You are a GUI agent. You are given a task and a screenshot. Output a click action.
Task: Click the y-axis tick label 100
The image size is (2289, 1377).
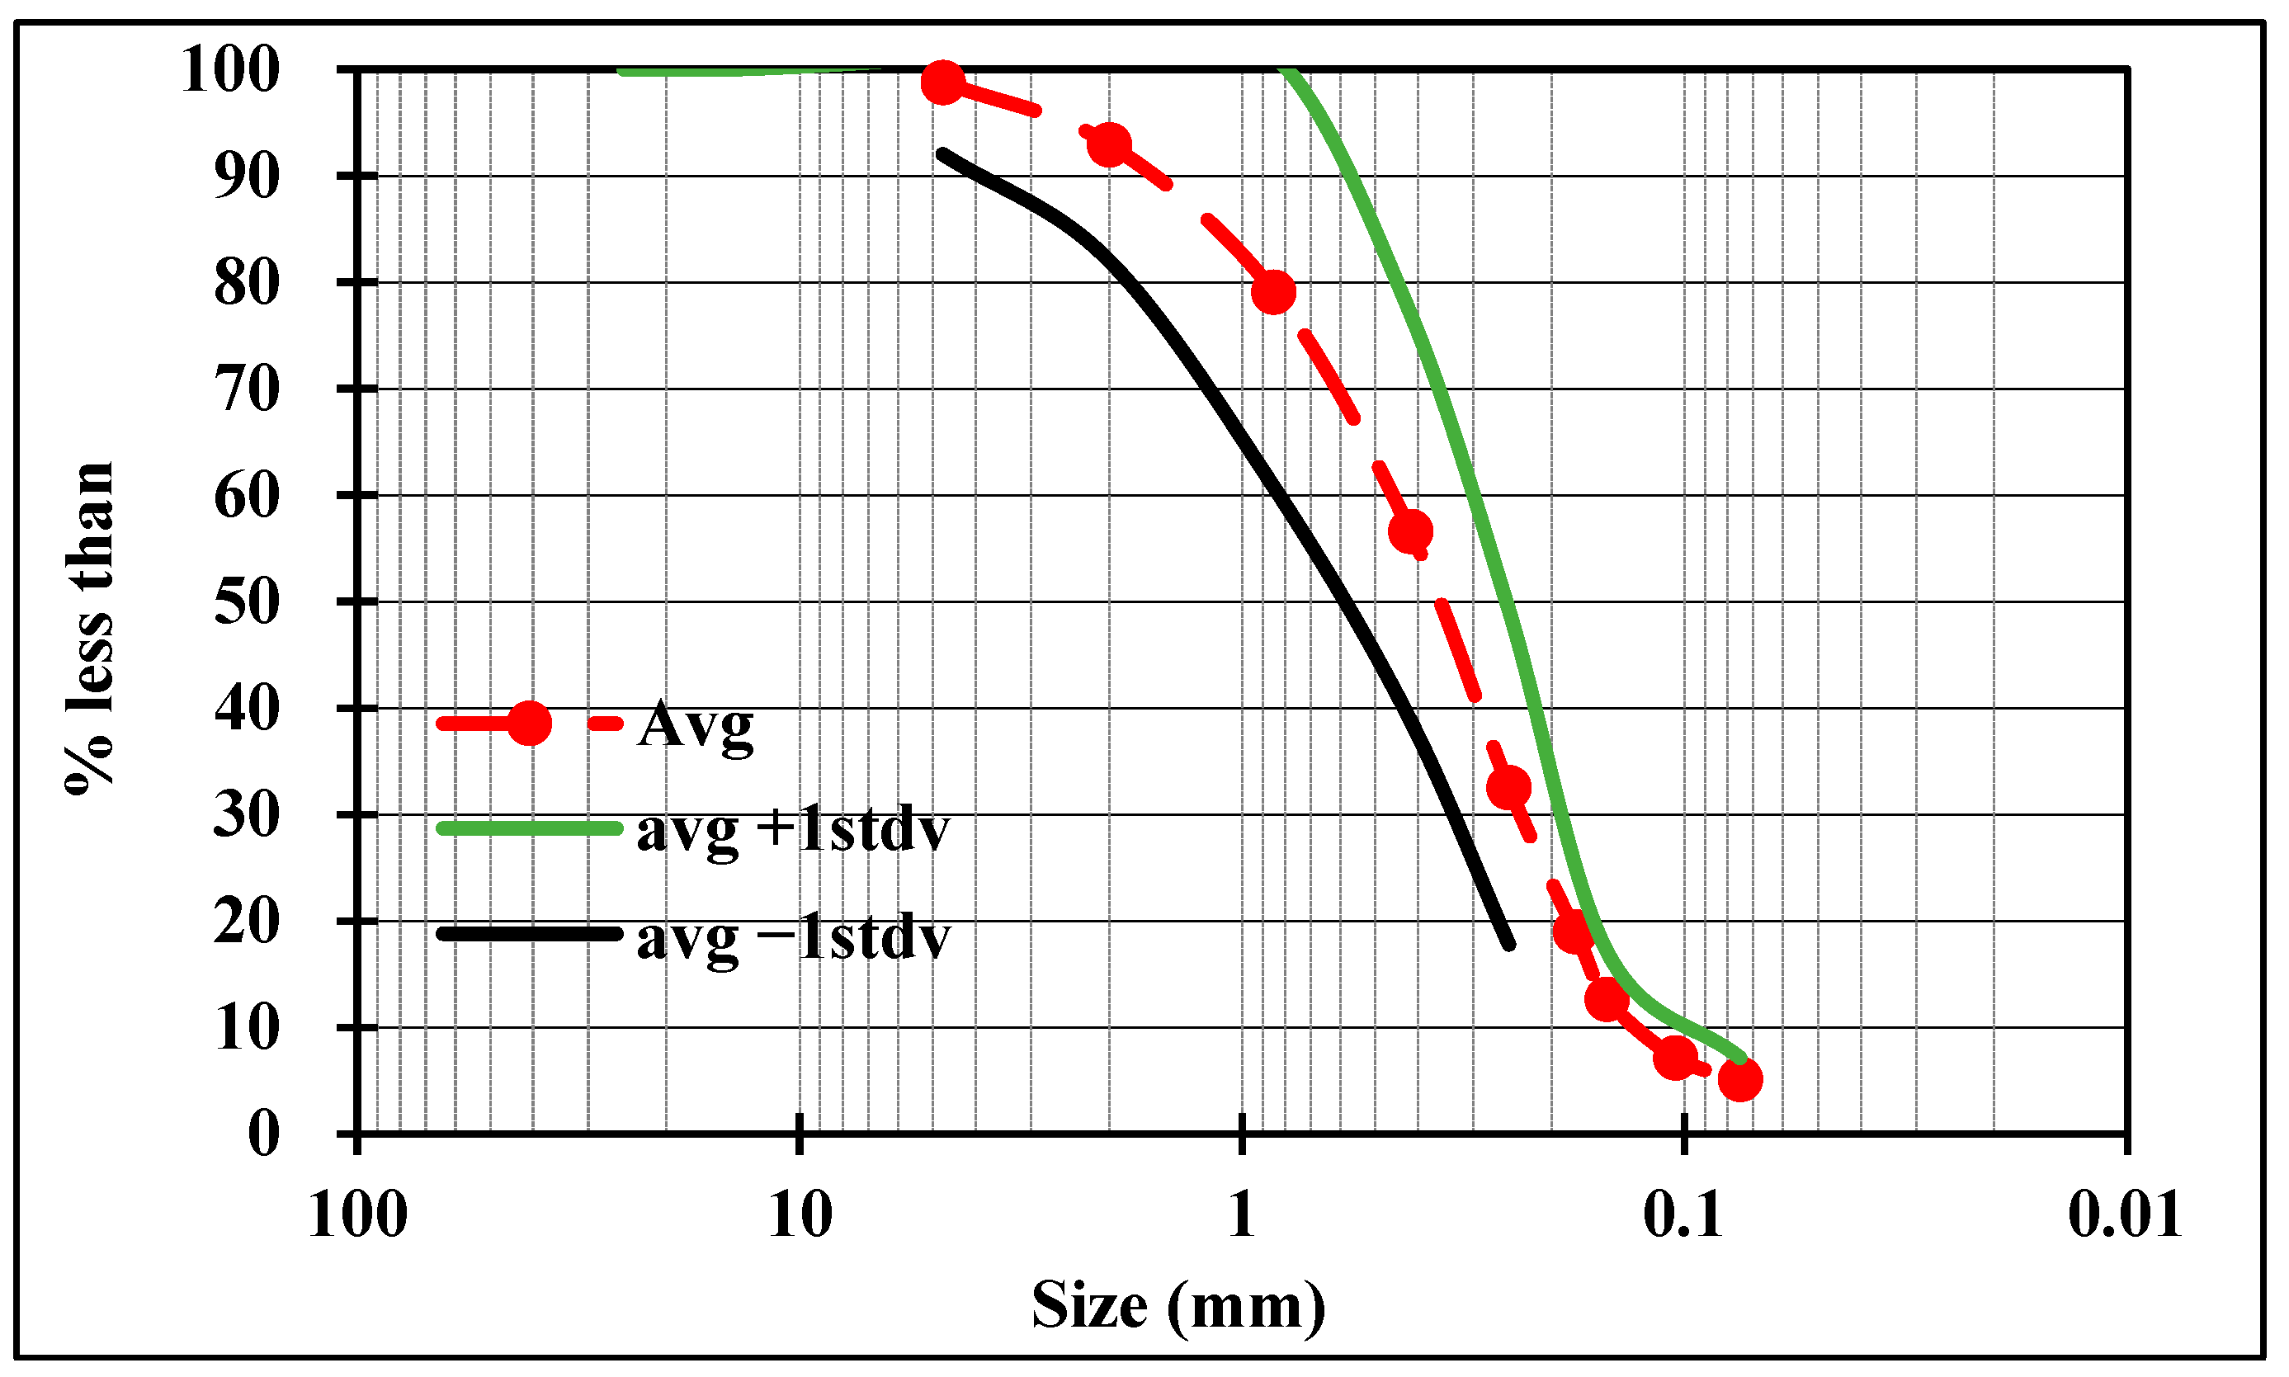click(229, 69)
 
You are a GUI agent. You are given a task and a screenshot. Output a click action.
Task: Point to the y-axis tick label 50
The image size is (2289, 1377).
click(246, 602)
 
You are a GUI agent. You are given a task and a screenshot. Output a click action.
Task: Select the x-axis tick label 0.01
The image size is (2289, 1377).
click(2125, 1215)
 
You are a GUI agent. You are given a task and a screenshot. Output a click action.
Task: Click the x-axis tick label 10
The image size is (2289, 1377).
click(800, 1215)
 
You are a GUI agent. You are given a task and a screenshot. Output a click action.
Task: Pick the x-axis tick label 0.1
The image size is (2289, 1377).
click(1683, 1215)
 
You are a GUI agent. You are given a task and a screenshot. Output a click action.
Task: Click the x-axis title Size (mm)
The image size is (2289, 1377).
click(1178, 1307)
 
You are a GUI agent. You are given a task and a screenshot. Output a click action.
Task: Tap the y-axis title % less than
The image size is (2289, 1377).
click(90, 628)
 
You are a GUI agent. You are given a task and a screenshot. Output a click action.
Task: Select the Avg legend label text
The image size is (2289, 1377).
click(696, 724)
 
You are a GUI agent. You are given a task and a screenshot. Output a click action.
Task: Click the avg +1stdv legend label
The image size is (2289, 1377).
click(793, 829)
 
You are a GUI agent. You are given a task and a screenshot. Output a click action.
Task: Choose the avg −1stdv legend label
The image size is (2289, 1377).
click(793, 936)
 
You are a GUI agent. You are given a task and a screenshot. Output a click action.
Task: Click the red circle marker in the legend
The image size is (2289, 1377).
click(528, 723)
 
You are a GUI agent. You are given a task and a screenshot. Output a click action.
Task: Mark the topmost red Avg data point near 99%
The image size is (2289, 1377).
click(942, 83)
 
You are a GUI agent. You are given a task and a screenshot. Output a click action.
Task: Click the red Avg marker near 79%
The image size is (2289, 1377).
click(1273, 292)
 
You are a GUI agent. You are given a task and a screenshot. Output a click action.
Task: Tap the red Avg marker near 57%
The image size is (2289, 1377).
click(1410, 531)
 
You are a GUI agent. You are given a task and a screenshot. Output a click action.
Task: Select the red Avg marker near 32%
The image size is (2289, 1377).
click(1508, 787)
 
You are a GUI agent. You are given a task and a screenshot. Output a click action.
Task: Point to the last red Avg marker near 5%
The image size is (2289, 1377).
click(1739, 1079)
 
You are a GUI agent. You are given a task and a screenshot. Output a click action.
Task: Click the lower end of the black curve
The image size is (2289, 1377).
click(1509, 945)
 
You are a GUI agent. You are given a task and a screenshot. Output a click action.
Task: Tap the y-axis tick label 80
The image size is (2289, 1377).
click(246, 283)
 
